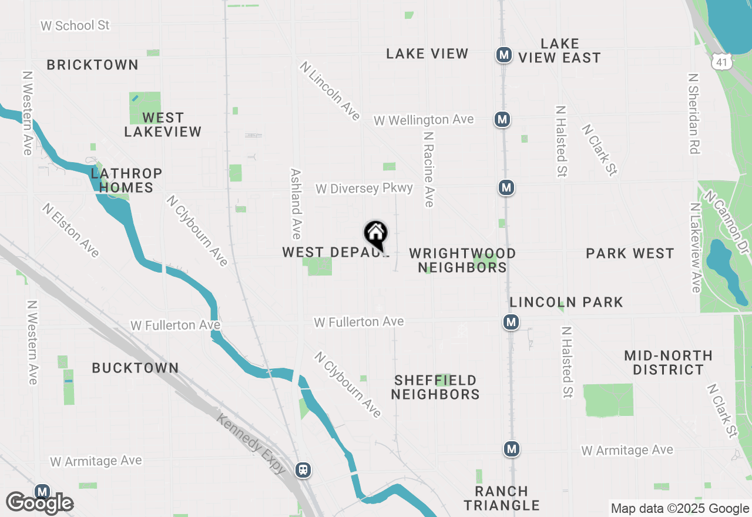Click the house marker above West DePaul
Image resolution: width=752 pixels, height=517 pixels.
376,234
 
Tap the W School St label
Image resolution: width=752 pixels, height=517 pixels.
75,26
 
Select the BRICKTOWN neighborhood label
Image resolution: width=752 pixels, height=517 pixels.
93,65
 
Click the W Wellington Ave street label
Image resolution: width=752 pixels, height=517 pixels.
424,120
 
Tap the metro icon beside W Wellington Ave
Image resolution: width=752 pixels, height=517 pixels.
502,120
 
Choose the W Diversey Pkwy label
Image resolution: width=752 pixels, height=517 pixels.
364,189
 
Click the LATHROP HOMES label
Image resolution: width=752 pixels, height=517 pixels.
126,180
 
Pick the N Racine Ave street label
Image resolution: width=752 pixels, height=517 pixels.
429,169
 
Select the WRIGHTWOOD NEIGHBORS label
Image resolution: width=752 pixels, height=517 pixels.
462,260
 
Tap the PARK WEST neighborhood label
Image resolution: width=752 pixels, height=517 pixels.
630,254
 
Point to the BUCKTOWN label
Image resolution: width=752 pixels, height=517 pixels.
135,368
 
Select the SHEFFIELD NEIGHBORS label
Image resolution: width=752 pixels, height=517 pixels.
435,387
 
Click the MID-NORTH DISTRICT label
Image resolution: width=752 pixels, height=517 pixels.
669,362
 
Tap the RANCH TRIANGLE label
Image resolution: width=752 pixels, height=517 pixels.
502,498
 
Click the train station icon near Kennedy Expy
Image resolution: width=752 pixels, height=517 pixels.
303,470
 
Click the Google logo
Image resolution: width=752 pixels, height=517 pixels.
40,503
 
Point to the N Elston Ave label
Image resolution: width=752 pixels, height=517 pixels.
71,230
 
